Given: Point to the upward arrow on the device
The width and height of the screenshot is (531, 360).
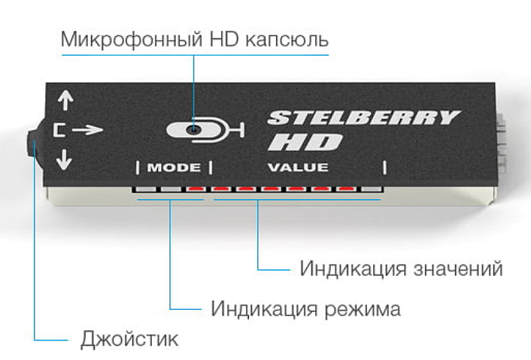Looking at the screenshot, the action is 65,101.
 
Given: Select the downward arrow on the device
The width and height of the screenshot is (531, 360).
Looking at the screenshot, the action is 64,159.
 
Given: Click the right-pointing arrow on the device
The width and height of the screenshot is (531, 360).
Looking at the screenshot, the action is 88,130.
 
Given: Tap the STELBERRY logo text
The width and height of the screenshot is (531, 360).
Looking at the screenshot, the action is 363,117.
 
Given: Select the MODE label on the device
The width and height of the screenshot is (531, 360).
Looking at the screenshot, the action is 173,167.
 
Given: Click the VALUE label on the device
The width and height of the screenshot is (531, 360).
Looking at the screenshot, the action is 300,167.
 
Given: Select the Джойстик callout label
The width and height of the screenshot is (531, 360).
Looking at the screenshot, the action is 129,339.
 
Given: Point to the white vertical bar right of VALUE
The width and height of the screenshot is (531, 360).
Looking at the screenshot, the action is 385,167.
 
